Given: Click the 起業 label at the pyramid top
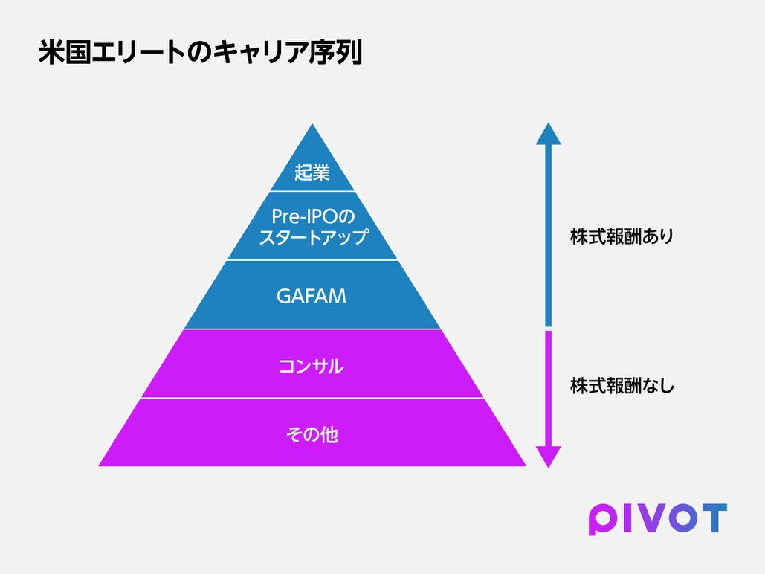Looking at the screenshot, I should (x=312, y=173).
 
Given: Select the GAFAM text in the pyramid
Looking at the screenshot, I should (x=312, y=296).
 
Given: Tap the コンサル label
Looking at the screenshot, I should (x=312, y=366).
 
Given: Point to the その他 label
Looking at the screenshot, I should (x=312, y=434).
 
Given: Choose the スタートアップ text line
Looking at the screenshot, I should (x=312, y=238).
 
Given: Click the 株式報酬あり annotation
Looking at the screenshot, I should (x=622, y=237).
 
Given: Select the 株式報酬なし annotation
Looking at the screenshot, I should (x=622, y=386).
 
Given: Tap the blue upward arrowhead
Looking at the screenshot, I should (x=548, y=134).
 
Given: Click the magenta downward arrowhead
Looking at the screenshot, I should (x=548, y=457).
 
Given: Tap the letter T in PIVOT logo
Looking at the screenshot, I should (x=713, y=518).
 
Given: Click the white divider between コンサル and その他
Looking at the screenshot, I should (x=312, y=398).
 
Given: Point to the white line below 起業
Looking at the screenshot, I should (x=312, y=192).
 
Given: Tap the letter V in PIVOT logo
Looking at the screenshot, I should (x=644, y=518).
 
